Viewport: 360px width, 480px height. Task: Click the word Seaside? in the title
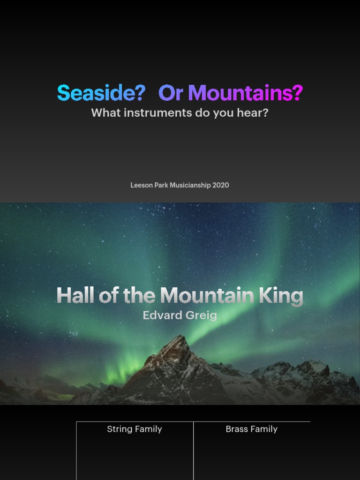pyautogui.click(x=101, y=93)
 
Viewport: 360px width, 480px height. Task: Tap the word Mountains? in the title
pyautogui.click(x=245, y=93)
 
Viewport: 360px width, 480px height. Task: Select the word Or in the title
pyautogui.click(x=171, y=93)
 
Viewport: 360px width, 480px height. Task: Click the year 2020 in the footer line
pyautogui.click(x=221, y=185)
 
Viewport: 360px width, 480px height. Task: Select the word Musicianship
pyautogui.click(x=190, y=185)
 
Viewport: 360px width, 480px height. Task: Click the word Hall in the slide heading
pyautogui.click(x=75, y=296)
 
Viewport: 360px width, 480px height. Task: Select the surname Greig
pyautogui.click(x=201, y=315)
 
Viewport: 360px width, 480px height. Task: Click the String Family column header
pyautogui.click(x=135, y=429)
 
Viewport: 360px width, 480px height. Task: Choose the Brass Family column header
pyautogui.click(x=252, y=429)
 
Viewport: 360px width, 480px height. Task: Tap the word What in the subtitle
pyautogui.click(x=104, y=113)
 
